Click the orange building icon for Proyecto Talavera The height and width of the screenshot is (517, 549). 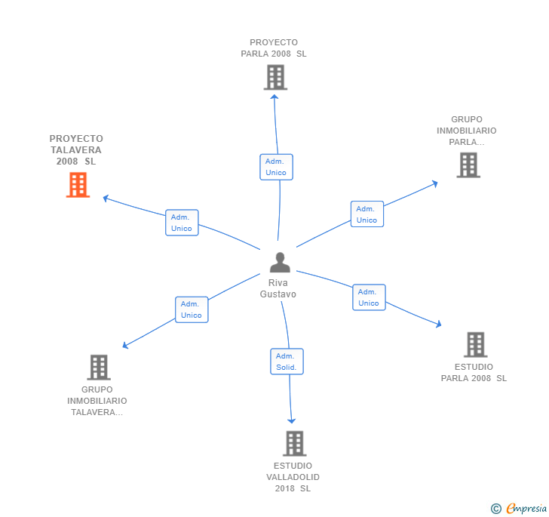click(x=78, y=185)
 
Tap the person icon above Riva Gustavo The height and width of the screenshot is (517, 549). click(x=280, y=263)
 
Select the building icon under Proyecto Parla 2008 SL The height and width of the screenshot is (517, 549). click(x=275, y=77)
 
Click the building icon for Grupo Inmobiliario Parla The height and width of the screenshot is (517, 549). click(x=468, y=165)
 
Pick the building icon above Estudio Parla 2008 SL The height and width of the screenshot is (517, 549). click(x=475, y=344)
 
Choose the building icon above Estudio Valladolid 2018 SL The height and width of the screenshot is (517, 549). click(x=294, y=443)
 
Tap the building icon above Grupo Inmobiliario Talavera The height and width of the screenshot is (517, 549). click(x=99, y=368)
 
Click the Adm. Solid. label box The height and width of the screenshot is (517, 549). click(x=287, y=362)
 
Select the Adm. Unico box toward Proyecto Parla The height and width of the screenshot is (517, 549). click(x=276, y=167)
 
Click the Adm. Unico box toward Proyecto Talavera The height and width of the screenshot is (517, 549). click(x=182, y=223)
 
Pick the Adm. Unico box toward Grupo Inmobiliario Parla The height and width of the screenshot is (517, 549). click(x=367, y=214)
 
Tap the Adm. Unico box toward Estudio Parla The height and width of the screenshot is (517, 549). click(x=369, y=297)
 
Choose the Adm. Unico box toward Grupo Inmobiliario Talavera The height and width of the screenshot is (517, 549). click(x=192, y=309)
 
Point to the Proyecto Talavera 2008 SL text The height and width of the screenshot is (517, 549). click(x=76, y=150)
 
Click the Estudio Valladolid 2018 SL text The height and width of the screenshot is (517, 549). click(x=293, y=477)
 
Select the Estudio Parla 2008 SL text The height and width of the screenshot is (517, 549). click(x=474, y=373)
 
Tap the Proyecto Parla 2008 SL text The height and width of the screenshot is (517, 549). click(x=274, y=48)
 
